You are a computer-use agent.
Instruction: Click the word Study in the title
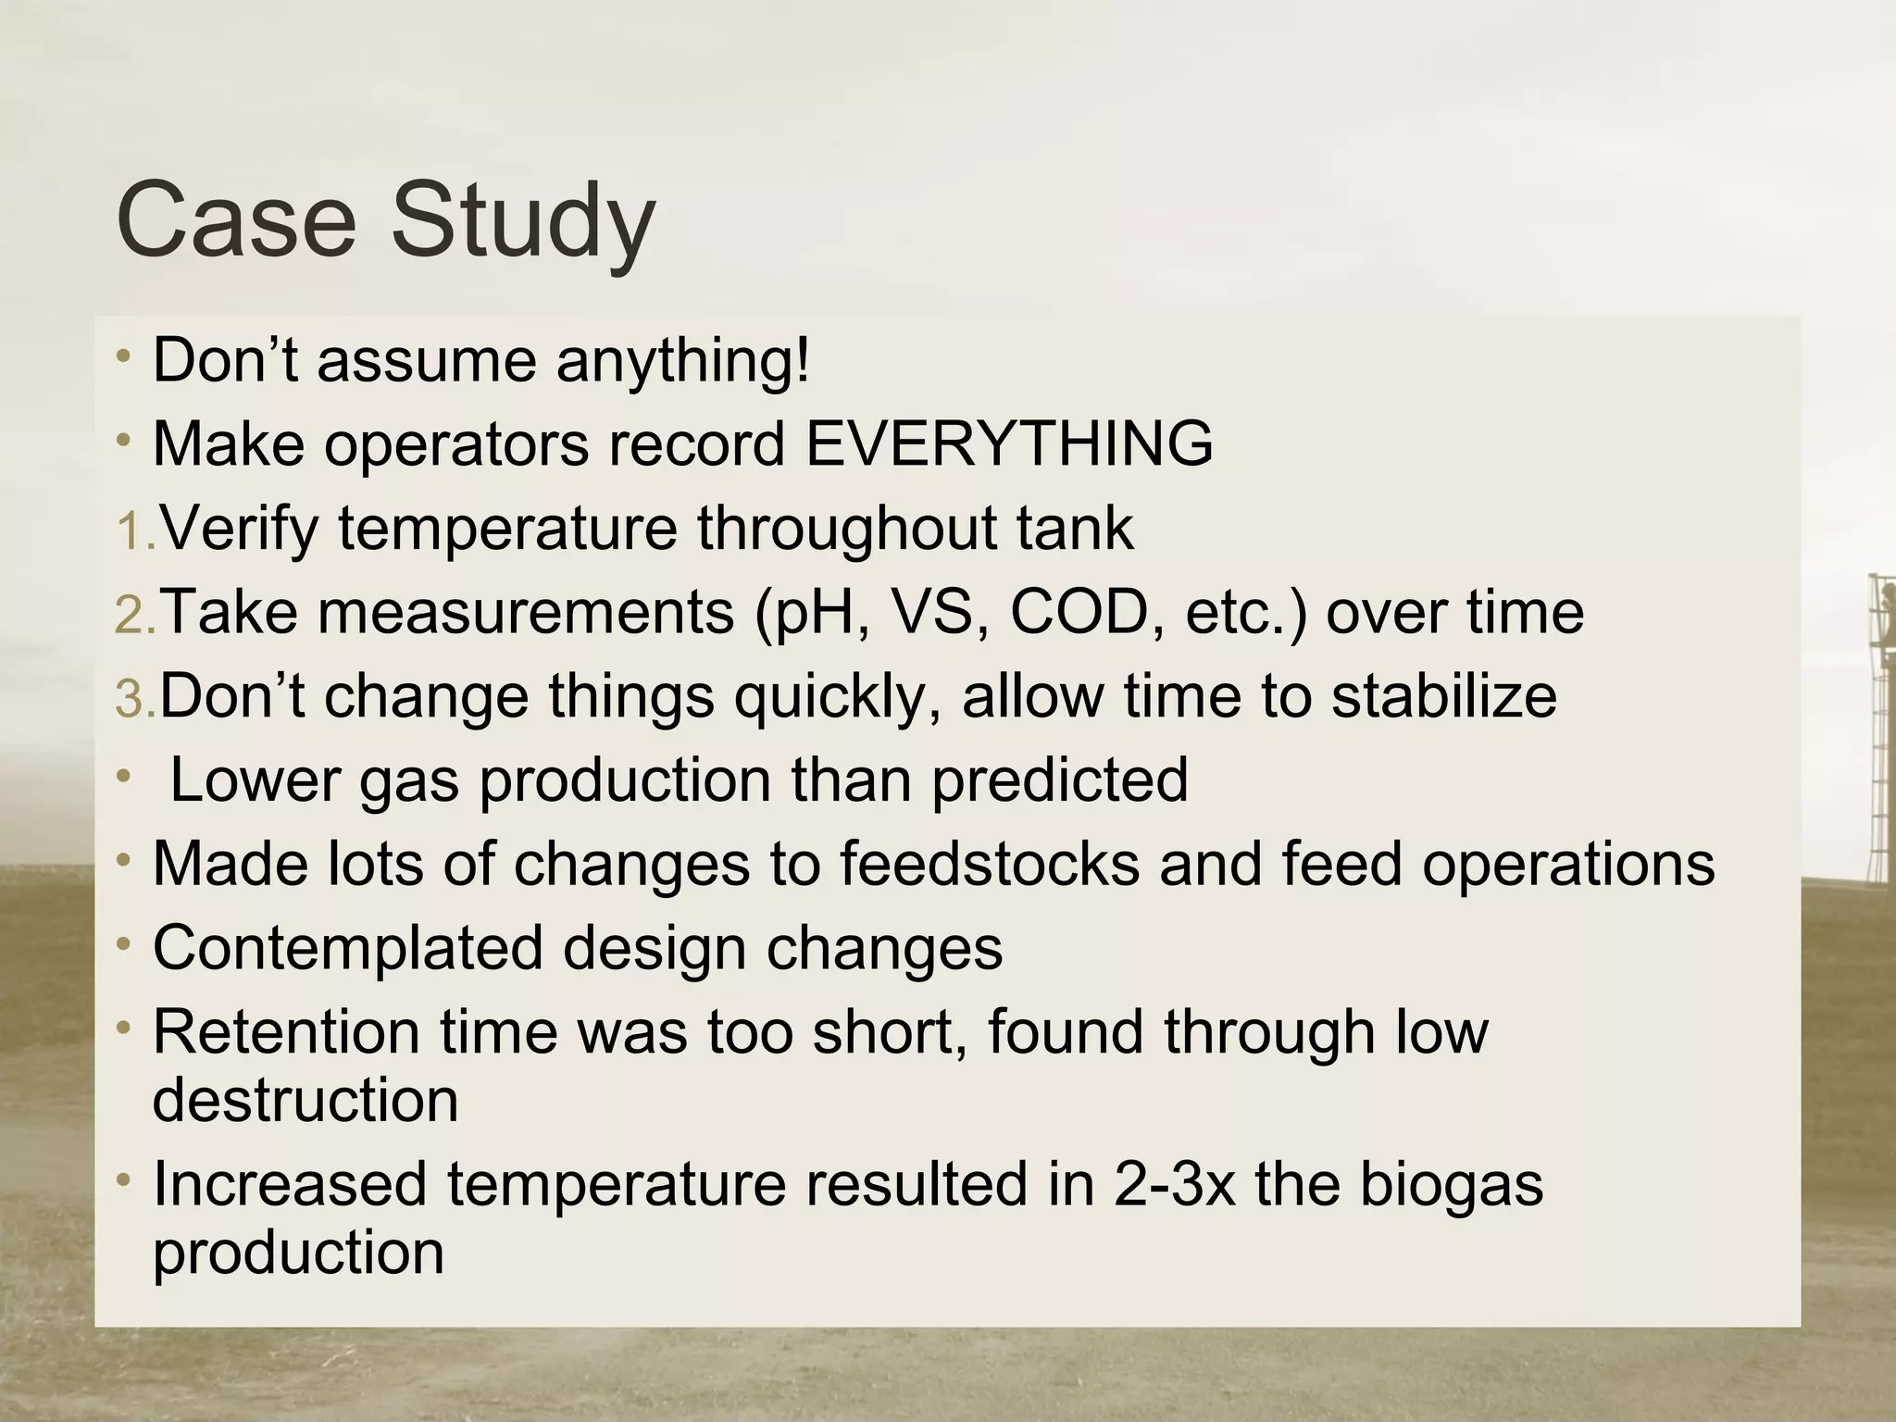point(522,222)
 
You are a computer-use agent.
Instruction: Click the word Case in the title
point(237,222)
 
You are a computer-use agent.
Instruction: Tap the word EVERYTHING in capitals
point(1009,443)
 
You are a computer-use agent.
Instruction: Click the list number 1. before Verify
point(136,533)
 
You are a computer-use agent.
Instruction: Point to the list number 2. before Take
point(136,617)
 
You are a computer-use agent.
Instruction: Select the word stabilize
point(1444,696)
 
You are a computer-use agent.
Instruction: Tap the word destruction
point(306,1100)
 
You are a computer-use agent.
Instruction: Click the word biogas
point(1452,1186)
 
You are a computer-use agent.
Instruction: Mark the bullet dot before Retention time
point(123,1027)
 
